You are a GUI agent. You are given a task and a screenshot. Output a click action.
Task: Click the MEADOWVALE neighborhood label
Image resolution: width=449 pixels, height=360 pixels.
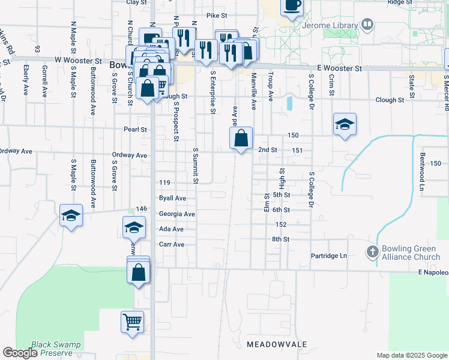coord(277,344)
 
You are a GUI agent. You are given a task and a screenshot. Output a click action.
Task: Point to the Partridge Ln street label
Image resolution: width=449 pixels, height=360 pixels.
coord(329,256)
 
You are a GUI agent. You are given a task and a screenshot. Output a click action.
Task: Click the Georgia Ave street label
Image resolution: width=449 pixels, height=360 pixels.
coord(176,214)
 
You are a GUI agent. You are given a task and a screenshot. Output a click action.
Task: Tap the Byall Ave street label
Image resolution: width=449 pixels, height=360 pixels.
coord(172,198)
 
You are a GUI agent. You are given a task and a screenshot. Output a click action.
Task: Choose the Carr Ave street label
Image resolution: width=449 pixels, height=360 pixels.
coord(171,245)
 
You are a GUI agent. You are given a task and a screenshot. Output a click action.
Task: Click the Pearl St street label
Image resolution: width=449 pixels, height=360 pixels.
coord(136,129)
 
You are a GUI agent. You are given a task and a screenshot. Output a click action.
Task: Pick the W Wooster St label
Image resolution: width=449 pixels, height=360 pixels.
coord(77,61)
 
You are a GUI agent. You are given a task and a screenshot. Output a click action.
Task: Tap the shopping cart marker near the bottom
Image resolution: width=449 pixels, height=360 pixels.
coord(132,320)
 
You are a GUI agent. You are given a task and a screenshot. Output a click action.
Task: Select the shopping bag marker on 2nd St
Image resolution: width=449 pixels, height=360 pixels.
coord(241,139)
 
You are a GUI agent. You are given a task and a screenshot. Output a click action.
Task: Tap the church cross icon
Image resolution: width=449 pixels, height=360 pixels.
coord(372,252)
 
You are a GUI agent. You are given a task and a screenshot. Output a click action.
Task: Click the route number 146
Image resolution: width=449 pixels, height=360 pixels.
coord(142,208)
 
